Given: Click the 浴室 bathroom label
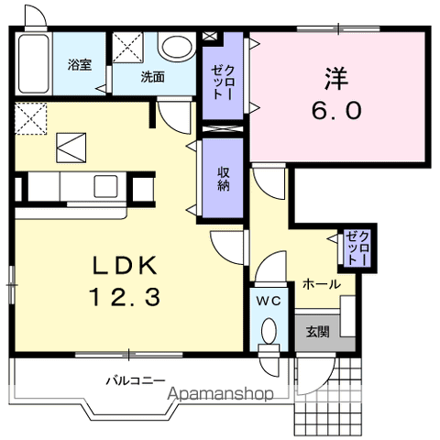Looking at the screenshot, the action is click(80, 65).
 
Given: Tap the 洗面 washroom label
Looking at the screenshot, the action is click(152, 77).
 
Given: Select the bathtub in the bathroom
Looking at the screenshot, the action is click(34, 64).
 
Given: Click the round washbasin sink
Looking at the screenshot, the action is click(177, 47).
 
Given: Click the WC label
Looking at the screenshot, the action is click(269, 302).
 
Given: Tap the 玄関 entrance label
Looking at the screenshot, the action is click(318, 332).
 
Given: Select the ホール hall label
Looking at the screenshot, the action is click(322, 285).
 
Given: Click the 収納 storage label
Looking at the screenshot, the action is click(224, 180).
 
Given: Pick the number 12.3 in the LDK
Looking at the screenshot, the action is click(125, 298).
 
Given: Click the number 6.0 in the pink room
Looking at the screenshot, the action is click(336, 110).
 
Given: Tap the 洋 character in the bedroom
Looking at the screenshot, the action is click(336, 79).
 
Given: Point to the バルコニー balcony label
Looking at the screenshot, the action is click(136, 381).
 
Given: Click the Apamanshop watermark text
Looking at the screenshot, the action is click(220, 394).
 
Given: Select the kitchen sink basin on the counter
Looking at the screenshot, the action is click(105, 186).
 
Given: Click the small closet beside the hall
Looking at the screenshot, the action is click(357, 248).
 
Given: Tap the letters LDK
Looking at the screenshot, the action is click(126, 265).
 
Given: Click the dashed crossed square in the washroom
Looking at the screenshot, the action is click(127, 48).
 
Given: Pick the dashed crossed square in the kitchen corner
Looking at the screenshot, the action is click(30, 118).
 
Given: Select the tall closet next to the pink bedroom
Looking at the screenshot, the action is click(223, 76).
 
